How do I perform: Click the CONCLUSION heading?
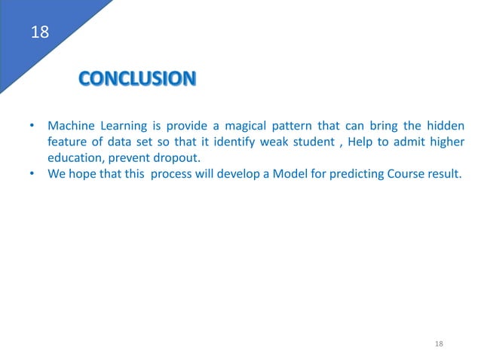tap(137, 78)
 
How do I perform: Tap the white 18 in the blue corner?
tap(38, 32)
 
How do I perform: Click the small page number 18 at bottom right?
tap(440, 343)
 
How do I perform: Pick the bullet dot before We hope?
tap(31, 174)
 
